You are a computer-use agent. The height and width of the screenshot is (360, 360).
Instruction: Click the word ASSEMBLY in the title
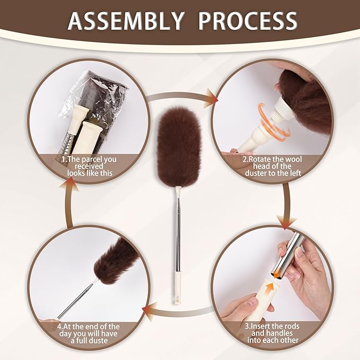pyautogui.click(x=126, y=21)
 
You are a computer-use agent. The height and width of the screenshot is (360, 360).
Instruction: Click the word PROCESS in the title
pyautogui.click(x=248, y=21)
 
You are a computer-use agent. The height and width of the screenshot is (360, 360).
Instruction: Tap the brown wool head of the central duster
pyautogui.click(x=179, y=146)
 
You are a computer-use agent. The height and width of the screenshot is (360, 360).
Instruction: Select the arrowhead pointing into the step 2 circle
pyautogui.click(x=211, y=99)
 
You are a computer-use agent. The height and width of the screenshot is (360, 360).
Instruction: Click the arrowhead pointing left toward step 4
pyautogui.click(x=149, y=312)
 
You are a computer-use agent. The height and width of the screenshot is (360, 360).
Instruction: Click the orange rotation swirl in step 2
pyautogui.click(x=273, y=121)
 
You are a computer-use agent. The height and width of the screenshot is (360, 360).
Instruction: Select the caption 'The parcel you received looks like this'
pyautogui.click(x=90, y=166)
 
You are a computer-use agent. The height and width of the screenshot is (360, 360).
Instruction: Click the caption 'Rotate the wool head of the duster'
pyautogui.click(x=273, y=166)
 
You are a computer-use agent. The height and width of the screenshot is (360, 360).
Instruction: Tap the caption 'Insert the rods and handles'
pyautogui.click(x=273, y=333)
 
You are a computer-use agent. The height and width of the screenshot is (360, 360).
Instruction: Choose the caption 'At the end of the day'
pyautogui.click(x=89, y=333)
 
